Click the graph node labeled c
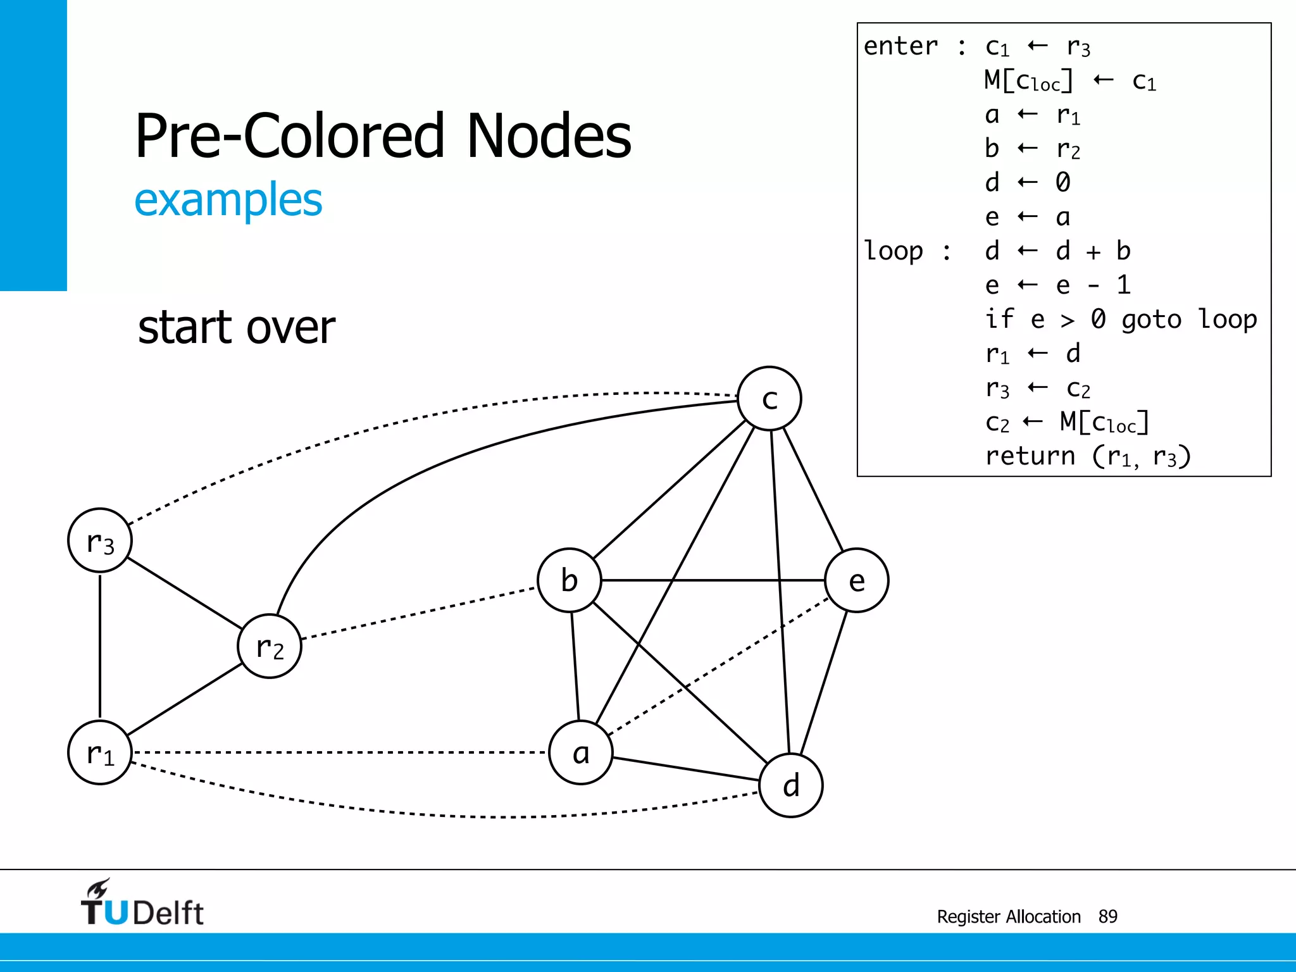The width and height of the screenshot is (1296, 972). [769, 399]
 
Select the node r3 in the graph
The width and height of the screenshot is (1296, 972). [100, 541]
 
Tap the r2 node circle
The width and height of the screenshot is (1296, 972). [270, 646]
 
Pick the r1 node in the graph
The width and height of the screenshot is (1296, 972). [100, 752]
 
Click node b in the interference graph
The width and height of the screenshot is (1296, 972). [569, 580]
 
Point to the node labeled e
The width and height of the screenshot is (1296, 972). [857, 580]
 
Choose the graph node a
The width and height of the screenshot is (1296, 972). [581, 752]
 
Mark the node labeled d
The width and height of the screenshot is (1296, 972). [791, 785]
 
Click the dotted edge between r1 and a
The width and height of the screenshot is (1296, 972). [342, 752]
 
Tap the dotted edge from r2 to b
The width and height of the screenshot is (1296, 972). [418, 613]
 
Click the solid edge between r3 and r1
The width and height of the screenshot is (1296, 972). [100, 645]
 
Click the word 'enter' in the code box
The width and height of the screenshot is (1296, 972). [900, 46]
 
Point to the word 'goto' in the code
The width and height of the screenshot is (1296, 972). [1151, 320]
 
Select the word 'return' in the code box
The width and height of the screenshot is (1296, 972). [1030, 456]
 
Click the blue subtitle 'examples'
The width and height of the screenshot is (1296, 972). [228, 200]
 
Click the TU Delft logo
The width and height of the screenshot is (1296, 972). [142, 904]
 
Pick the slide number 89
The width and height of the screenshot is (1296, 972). [1108, 916]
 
